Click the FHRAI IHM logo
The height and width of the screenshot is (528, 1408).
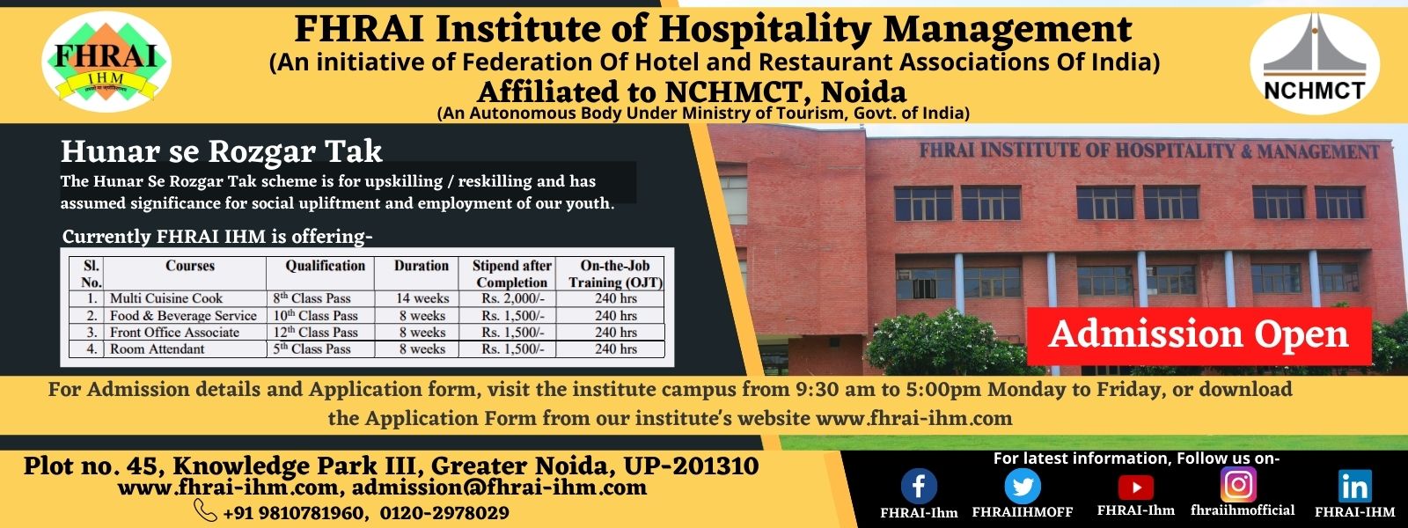pyautogui.click(x=106, y=62)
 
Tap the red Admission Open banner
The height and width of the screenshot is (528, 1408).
pyautogui.click(x=1199, y=335)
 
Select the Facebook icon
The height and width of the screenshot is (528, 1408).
pyautogui.click(x=919, y=486)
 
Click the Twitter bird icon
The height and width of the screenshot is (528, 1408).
pyautogui.click(x=1022, y=486)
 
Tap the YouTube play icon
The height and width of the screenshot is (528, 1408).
pyautogui.click(x=1135, y=487)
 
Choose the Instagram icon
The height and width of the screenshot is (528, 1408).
pyautogui.click(x=1238, y=484)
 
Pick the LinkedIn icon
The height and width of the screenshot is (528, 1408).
pyautogui.click(x=1354, y=486)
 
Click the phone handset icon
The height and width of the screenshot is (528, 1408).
pyautogui.click(x=205, y=510)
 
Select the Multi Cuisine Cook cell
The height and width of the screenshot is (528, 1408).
pyautogui.click(x=166, y=298)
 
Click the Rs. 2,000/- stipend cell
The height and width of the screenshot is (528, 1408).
pyautogui.click(x=512, y=298)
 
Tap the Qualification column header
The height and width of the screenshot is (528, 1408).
pyautogui.click(x=325, y=266)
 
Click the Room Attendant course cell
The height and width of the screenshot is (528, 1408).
pyautogui.click(x=158, y=349)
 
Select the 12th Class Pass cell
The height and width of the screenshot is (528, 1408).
pyautogui.click(x=315, y=333)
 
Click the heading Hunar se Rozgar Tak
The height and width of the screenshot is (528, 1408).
pyautogui.click(x=221, y=152)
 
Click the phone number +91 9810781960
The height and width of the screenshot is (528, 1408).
pyautogui.click(x=292, y=513)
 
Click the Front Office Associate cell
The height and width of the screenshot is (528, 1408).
pyautogui.click(x=174, y=333)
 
